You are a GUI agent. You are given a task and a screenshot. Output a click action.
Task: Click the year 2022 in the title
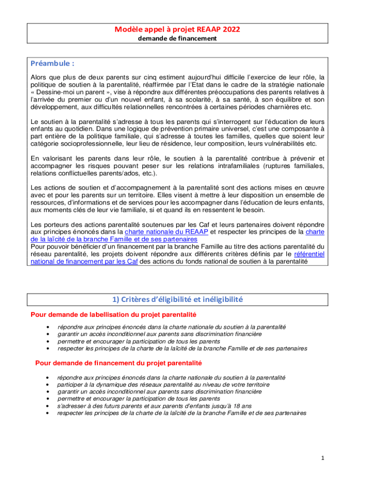point(229,30)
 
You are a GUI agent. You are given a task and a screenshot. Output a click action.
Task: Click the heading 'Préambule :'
point(53,64)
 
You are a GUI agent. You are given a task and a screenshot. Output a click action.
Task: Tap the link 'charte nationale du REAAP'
point(166,232)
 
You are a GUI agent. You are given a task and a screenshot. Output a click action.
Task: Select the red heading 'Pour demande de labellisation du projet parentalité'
point(113,314)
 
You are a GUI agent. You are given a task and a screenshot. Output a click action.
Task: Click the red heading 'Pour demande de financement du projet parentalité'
point(118,363)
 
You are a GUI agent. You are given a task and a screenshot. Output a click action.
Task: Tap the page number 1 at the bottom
point(323,458)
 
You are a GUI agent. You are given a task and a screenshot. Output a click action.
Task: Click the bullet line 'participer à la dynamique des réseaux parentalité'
point(163,384)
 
